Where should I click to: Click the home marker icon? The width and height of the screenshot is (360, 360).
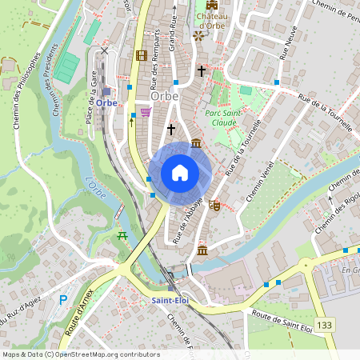pos(179,173)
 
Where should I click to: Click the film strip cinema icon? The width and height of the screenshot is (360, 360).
pos(142,55)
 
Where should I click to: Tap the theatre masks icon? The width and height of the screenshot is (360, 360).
pos(214,205)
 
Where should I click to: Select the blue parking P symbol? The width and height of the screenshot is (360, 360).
pos(63,300)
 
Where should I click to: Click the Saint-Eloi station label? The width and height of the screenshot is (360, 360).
pos(170,300)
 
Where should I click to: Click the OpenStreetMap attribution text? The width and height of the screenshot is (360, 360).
pos(80,354)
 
